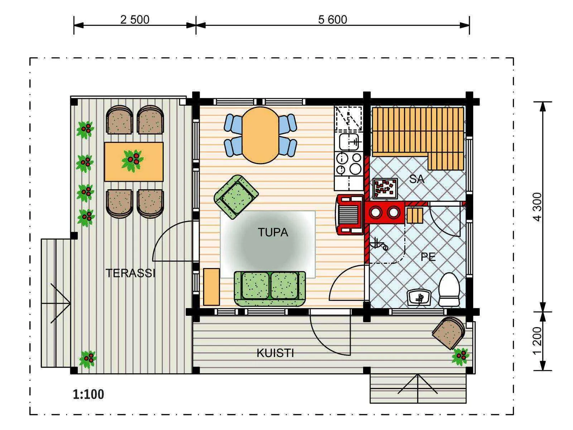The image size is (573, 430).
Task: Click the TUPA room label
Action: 273,232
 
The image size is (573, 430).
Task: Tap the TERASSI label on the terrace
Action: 130,273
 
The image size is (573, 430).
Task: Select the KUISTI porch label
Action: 275,353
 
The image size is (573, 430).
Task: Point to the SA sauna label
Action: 416,179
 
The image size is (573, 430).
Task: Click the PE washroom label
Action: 428,257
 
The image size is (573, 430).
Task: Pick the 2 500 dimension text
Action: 135,20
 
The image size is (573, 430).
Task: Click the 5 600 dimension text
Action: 333,20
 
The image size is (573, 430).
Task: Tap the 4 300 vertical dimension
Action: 538,207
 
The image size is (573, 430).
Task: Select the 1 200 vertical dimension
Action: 538,341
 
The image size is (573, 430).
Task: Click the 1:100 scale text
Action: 88,394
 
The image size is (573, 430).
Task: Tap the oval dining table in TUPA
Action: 260,135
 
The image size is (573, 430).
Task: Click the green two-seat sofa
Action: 270,288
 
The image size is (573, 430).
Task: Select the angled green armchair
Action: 236,197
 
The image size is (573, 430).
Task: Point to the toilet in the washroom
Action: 449,289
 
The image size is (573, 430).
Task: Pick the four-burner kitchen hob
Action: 349,164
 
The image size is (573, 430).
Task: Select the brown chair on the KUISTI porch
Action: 448,333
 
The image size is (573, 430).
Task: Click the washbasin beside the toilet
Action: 419,297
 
